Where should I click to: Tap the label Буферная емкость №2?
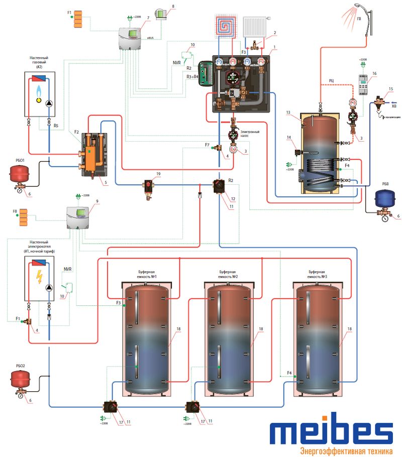point(227,274)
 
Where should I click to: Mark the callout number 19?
point(158,173)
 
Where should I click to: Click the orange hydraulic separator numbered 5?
point(92,151)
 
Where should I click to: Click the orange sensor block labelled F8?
point(23,218)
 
